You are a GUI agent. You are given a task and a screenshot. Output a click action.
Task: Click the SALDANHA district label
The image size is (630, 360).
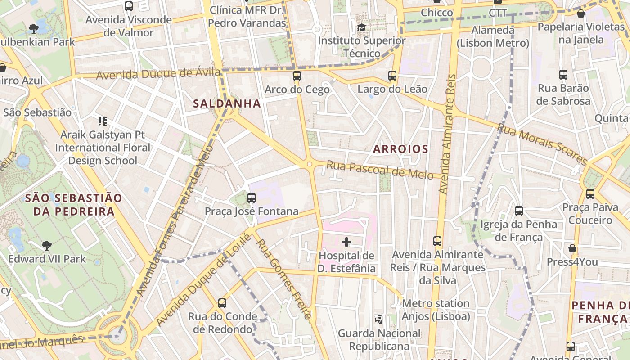(x=227, y=103)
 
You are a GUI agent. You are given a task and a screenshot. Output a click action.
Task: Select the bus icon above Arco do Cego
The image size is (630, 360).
(x=297, y=76)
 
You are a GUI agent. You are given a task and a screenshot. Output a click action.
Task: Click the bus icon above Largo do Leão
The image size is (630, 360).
(x=392, y=76)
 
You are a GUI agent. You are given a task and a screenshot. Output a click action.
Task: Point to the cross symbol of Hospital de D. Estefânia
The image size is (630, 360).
(x=346, y=243)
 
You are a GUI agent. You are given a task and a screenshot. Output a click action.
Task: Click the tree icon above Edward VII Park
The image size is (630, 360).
(x=46, y=245)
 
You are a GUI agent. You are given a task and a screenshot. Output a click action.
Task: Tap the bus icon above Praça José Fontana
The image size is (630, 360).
(x=252, y=198)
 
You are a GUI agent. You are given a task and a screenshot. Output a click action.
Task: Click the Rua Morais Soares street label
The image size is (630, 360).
(x=542, y=144)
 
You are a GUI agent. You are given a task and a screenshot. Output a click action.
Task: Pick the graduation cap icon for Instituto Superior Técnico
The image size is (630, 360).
(x=361, y=28)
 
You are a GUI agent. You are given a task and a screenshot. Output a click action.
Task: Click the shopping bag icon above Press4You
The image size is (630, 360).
(x=572, y=248)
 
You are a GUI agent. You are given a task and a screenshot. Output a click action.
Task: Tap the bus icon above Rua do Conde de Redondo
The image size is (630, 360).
(x=222, y=303)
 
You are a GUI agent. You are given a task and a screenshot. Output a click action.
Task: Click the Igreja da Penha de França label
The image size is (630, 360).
(x=518, y=230)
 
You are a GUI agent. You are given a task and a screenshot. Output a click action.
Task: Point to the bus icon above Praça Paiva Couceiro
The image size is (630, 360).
(x=590, y=194)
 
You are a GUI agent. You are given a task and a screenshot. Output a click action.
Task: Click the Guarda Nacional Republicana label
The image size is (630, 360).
(x=379, y=340)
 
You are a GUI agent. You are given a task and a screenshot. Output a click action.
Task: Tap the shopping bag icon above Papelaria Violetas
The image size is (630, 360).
(x=580, y=14)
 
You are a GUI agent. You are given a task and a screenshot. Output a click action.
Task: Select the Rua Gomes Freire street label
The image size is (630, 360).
(x=283, y=279)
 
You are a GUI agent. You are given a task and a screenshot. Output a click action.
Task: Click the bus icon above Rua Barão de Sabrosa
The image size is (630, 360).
(x=563, y=75)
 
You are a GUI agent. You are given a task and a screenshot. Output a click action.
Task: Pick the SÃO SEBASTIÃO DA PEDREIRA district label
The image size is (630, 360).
(x=73, y=205)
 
